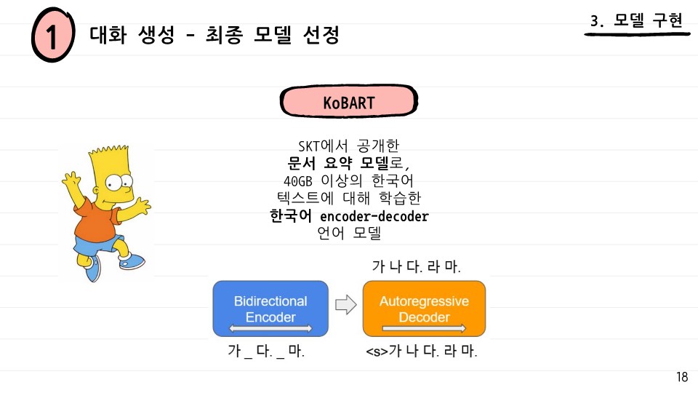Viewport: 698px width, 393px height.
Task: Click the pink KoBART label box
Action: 348,102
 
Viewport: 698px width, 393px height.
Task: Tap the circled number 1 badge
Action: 53,35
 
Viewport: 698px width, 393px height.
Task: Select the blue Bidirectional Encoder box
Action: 270,309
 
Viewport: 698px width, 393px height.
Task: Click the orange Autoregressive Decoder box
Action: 424,309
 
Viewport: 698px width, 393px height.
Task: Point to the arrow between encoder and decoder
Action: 346,305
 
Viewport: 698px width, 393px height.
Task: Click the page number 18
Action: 682,377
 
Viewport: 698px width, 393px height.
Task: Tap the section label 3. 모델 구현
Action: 636,20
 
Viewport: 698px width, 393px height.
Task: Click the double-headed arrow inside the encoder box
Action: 270,329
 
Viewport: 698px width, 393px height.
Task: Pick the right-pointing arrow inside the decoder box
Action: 424,329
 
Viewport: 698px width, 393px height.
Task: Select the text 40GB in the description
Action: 298,181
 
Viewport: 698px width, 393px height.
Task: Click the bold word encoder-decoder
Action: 374,216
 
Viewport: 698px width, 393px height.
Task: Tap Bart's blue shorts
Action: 98,245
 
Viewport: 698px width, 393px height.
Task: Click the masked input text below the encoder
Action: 266,351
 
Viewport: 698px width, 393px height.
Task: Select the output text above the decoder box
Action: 416,266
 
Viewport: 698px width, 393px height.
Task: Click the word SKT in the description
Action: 309,146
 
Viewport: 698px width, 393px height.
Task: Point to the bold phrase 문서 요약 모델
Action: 338,163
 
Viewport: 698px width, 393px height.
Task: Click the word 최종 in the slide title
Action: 224,35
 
